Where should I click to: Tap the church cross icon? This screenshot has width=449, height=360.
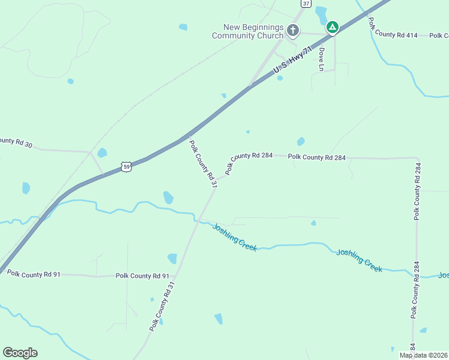click(292, 30)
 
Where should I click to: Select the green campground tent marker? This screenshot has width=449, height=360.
click(332, 27)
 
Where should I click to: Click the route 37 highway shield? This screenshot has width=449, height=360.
click(306, 4)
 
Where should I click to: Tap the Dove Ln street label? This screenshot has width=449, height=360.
click(322, 59)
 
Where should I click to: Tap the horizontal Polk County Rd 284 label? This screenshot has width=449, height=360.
click(317, 157)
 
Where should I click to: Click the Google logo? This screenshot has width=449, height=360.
click(20, 353)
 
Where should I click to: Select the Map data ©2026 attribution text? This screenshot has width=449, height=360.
click(423, 355)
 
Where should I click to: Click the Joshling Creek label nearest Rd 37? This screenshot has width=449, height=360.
click(235, 236)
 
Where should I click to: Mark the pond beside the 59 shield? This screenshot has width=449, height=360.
click(102, 152)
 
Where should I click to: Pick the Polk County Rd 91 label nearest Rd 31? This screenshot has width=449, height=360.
click(142, 276)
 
